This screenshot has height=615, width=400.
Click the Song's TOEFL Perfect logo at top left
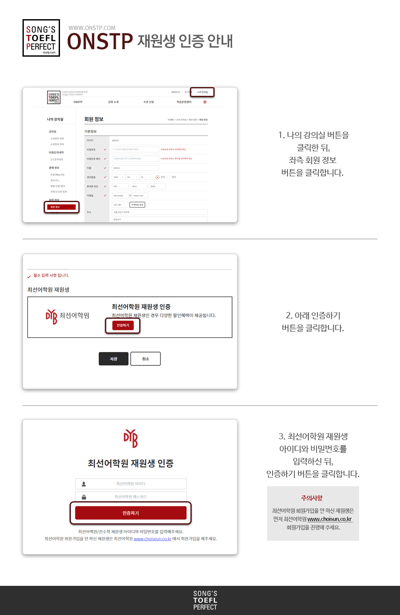(x=41, y=38)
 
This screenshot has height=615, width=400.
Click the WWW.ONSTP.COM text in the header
(x=92, y=28)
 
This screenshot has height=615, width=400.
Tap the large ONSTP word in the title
(x=100, y=42)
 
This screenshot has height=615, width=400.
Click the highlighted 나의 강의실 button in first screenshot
(x=202, y=92)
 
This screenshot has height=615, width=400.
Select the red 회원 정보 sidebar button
(x=62, y=207)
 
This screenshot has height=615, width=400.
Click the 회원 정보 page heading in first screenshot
(x=94, y=119)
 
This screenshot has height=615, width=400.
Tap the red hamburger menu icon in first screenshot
(x=205, y=102)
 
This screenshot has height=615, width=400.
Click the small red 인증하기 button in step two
(x=123, y=325)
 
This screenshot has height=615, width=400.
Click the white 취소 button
(x=145, y=359)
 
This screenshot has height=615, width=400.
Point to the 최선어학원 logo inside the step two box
(x=67, y=316)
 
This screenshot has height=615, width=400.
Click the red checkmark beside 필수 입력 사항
(x=29, y=276)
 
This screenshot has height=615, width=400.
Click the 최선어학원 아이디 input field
(x=131, y=484)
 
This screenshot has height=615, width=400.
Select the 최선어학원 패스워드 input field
(x=131, y=497)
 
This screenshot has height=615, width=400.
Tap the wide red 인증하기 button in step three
(x=131, y=513)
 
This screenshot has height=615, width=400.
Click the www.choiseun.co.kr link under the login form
(x=152, y=539)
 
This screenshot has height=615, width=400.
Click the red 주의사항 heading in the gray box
(x=312, y=498)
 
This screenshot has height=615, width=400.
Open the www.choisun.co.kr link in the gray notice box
(x=330, y=519)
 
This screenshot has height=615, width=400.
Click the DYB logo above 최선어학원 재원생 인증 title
(x=130, y=438)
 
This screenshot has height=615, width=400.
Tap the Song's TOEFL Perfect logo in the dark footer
(x=205, y=600)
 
